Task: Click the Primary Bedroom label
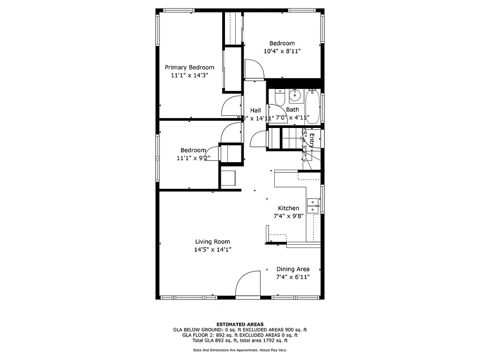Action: pyautogui.click(x=189, y=67)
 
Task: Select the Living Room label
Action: pyautogui.click(x=212, y=242)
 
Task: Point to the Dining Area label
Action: pyautogui.click(x=292, y=269)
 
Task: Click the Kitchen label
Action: pyautogui.click(x=288, y=208)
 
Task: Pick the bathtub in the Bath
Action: pyautogui.click(x=313, y=106)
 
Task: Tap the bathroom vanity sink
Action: pyautogui.click(x=295, y=96)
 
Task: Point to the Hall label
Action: pyautogui.click(x=255, y=110)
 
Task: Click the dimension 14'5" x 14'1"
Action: pyautogui.click(x=212, y=250)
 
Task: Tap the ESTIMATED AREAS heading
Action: pyautogui.click(x=240, y=324)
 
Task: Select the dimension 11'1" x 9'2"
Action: pyautogui.click(x=191, y=158)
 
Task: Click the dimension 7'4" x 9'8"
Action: pyautogui.click(x=288, y=216)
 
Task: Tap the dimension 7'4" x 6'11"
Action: pyautogui.click(x=292, y=277)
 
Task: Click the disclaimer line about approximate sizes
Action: pyautogui.click(x=240, y=350)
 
